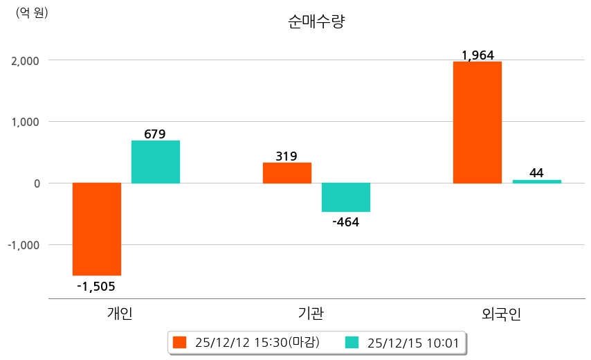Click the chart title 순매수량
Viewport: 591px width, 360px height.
(316, 21)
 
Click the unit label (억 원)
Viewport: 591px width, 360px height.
(32, 12)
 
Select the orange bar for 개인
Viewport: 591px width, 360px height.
(97, 229)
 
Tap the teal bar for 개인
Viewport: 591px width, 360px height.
(156, 162)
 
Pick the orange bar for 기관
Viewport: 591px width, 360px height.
(287, 173)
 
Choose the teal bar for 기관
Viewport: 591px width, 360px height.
(346, 197)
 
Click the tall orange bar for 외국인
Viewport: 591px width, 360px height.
(478, 123)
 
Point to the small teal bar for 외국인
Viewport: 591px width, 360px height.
(536, 181)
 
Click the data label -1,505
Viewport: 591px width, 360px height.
(96, 286)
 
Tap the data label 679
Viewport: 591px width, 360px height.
(155, 134)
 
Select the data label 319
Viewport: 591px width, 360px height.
(287, 156)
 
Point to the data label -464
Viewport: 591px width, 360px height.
(346, 222)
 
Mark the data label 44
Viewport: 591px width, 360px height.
(536, 172)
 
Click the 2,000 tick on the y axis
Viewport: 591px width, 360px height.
(24, 61)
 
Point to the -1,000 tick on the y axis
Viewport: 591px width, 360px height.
(24, 245)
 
